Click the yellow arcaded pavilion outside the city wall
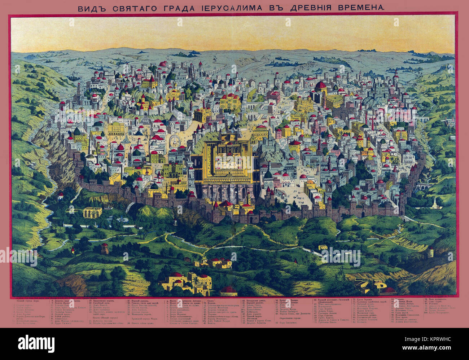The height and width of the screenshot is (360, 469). pos(93,212)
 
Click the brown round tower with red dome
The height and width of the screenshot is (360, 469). pos(105,248)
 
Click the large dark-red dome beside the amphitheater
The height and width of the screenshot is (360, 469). pos(320,87)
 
